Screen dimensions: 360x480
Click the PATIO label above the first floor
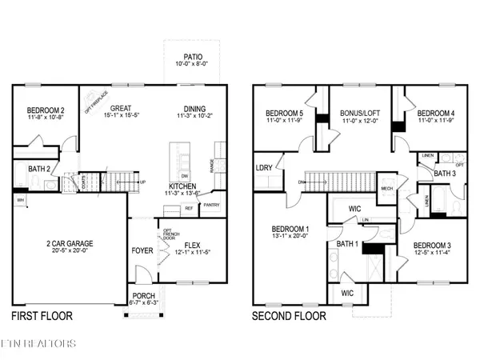click(x=192, y=58)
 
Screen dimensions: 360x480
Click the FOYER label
click(x=142, y=250)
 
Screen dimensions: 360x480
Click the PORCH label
click(x=145, y=296)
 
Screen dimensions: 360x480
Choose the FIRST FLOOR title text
click(x=42, y=316)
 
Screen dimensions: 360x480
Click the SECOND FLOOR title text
click(x=289, y=316)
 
